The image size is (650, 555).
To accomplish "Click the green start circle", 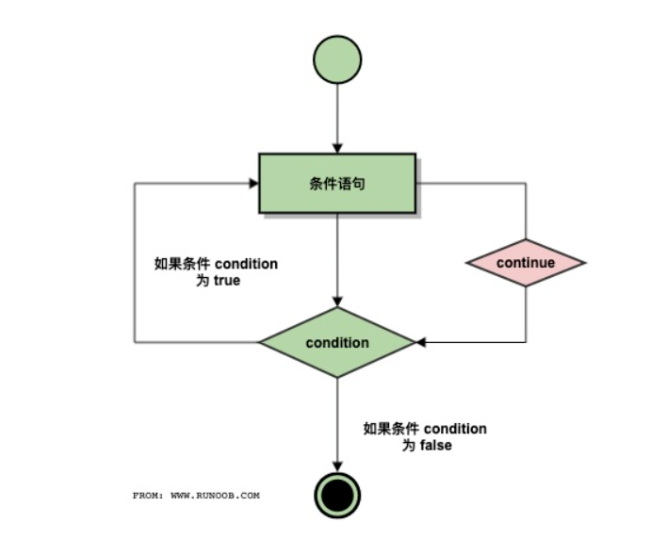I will [337, 58].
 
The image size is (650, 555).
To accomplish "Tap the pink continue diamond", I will [526, 263].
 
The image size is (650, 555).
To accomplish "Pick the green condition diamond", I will [337, 342].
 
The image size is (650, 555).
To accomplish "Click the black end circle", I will [337, 494].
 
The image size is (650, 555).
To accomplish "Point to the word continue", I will [526, 263].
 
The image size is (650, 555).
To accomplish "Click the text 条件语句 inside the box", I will [337, 183].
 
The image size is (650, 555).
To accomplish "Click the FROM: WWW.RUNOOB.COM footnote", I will [196, 494].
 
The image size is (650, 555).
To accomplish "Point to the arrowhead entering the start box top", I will [337, 148].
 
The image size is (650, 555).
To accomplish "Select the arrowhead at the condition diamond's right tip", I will [421, 342].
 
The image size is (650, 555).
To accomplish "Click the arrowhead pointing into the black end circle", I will [337, 465].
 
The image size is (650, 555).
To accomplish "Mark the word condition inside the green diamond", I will [337, 342].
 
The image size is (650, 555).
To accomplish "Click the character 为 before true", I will [198, 281].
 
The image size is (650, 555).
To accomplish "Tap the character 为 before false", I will [409, 445].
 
